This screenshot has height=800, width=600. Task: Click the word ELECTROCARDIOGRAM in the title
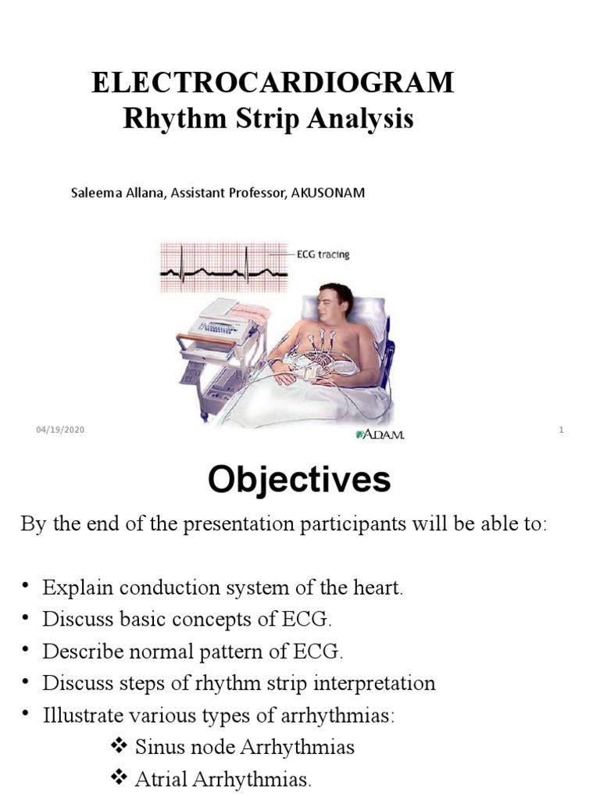[273, 83]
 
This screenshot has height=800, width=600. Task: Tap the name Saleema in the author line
[96, 192]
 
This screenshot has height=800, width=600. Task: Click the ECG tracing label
[323, 255]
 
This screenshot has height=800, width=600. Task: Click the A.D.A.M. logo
[380, 434]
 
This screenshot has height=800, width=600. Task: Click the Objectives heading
[299, 480]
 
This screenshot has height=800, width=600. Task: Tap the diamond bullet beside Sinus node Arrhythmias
[120, 748]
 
